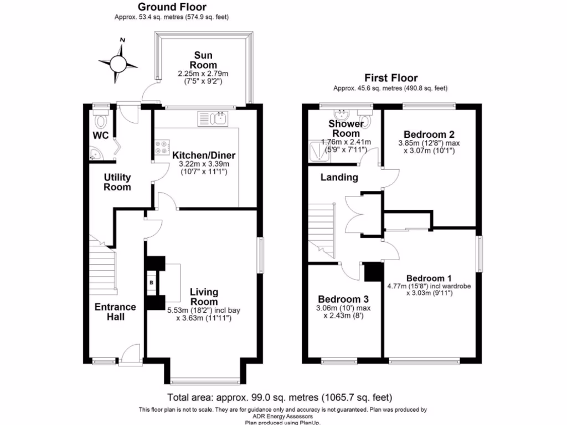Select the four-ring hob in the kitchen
162,148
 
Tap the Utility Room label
117,182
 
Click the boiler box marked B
152,283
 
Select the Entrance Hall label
115,312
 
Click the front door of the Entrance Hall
132,354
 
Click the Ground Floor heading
172,7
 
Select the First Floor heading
390,78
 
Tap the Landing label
339,178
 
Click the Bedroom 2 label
429,134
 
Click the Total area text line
280,397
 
